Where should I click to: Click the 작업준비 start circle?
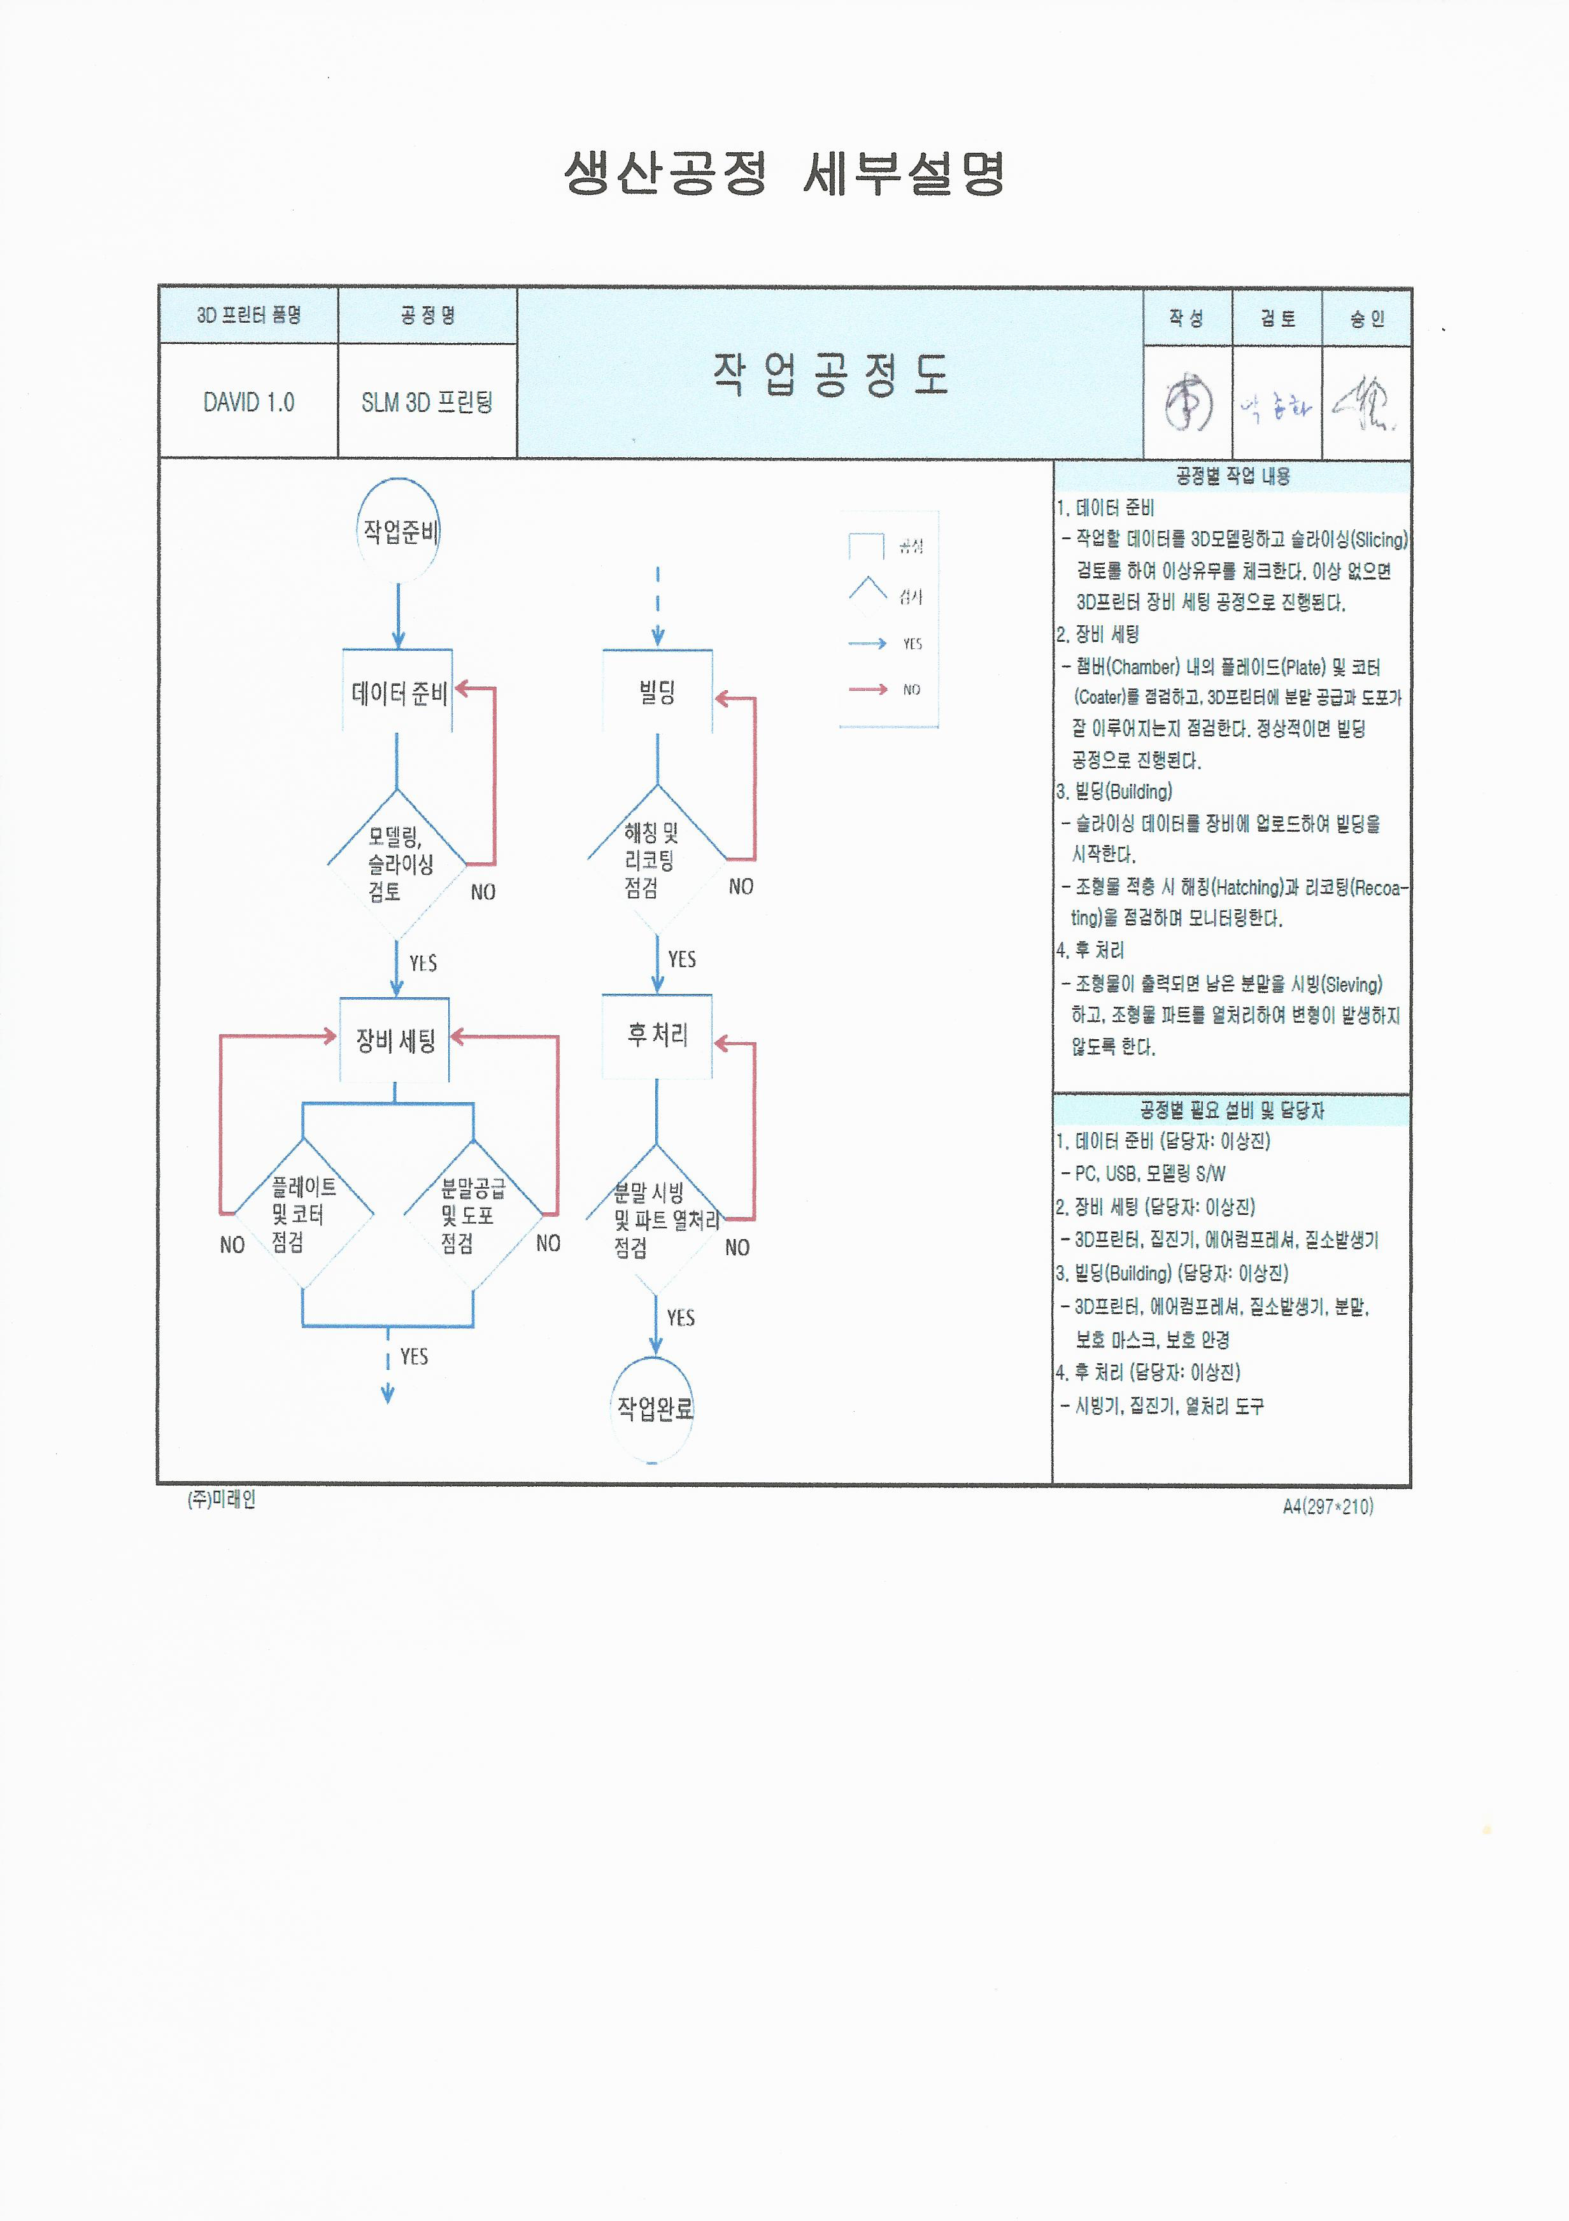coord(399,530)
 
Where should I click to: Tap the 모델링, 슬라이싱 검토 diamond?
coord(397,864)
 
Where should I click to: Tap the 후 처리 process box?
coord(657,1036)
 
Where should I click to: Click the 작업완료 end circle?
coord(655,1407)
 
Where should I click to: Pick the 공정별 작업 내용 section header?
coord(1232,476)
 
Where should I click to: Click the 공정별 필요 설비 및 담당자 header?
coord(1232,1110)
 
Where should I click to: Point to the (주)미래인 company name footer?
coord(222,1500)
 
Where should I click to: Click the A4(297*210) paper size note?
coord(1327,1506)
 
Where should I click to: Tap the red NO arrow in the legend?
coord(869,690)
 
